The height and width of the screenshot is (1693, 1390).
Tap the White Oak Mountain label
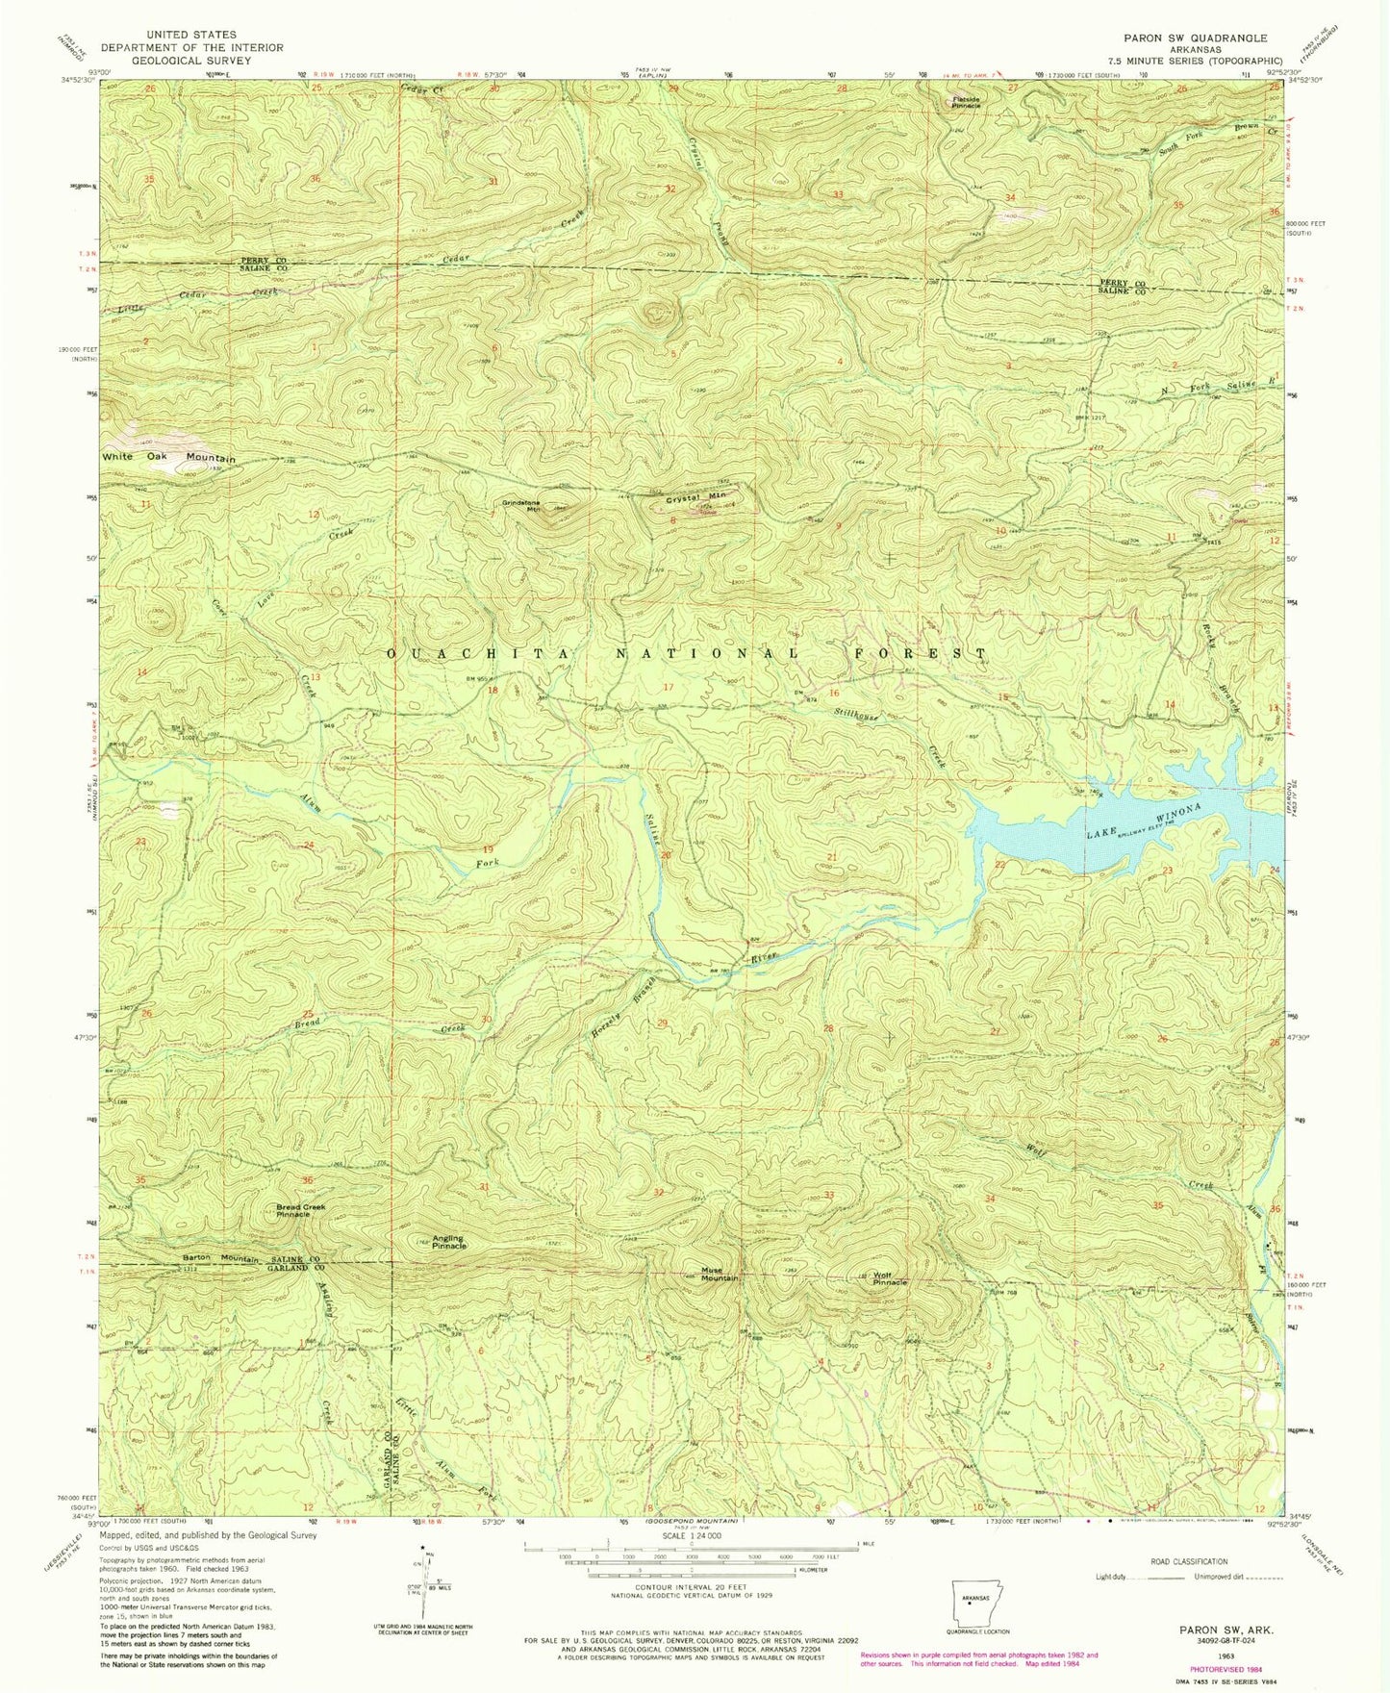tap(168, 458)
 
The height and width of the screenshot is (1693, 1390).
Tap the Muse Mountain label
tap(719, 1274)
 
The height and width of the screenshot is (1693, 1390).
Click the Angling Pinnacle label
tap(447, 1242)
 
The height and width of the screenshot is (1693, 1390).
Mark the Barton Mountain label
tap(221, 1258)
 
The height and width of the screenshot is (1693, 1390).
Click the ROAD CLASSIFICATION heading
tap(1189, 1589)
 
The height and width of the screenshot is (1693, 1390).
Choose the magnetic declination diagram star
tap(422, 1577)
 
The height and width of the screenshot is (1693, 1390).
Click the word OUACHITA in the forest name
tap(435, 654)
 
